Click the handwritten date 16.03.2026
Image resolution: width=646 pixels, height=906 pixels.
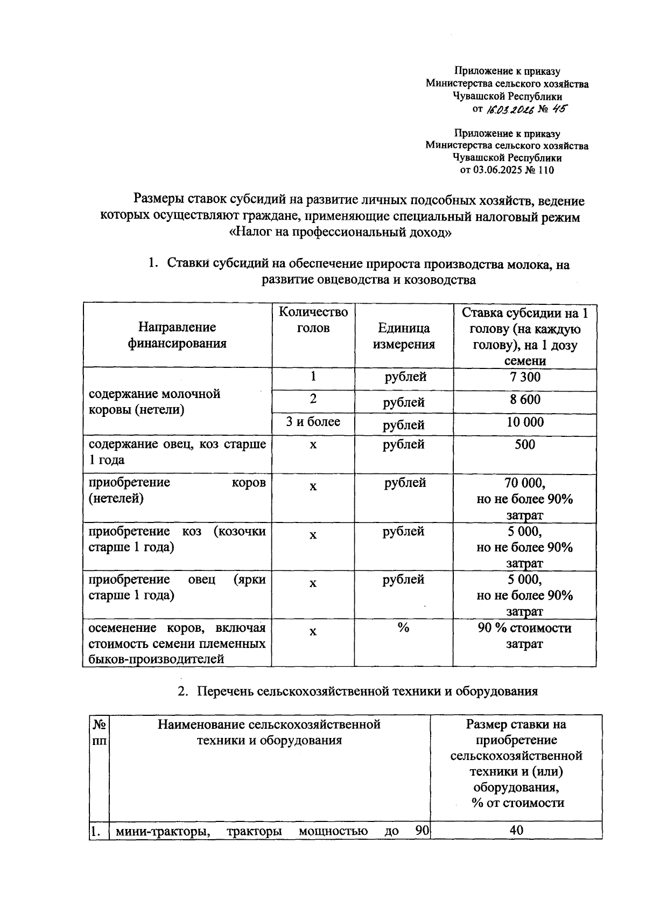(x=509, y=109)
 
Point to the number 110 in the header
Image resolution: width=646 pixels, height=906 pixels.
(x=545, y=170)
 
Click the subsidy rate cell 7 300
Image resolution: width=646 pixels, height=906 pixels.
(x=524, y=377)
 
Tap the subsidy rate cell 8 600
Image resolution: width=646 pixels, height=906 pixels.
(x=524, y=400)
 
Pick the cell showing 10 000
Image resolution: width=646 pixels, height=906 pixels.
(x=524, y=422)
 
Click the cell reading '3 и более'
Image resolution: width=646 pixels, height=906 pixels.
(x=313, y=422)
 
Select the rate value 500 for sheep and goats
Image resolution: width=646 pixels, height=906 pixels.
(x=524, y=445)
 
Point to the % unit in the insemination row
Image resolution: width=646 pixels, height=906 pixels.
(x=403, y=628)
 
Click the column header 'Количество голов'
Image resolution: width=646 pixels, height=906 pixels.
(x=313, y=320)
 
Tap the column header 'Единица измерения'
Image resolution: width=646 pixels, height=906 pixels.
(x=403, y=336)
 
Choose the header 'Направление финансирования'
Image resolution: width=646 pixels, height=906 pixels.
(x=177, y=335)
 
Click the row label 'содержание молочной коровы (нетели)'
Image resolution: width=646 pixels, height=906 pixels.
(x=155, y=402)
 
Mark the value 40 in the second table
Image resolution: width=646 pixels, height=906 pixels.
(x=516, y=831)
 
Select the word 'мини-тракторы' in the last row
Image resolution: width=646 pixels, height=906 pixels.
(x=163, y=831)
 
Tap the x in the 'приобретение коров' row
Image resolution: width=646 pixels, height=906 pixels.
(x=313, y=486)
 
